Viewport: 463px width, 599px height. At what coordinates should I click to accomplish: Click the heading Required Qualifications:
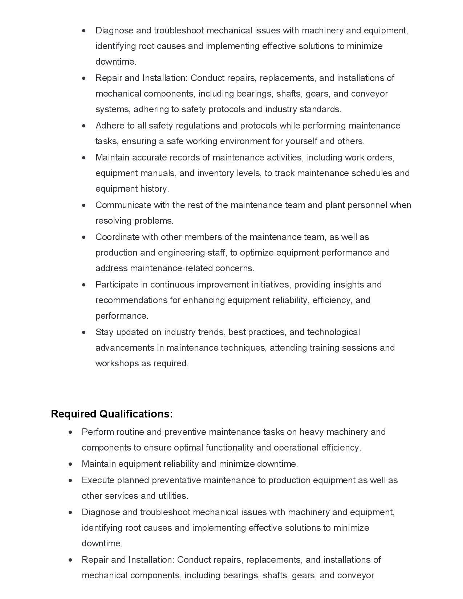pyautogui.click(x=112, y=414)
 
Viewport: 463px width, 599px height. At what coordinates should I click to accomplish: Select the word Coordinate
pyautogui.click(x=117, y=237)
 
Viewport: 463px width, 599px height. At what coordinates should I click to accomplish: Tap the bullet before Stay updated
pyautogui.click(x=84, y=332)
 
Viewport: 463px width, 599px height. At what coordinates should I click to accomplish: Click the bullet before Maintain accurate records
pyautogui.click(x=84, y=158)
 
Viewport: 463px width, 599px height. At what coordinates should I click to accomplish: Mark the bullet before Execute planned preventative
pyautogui.click(x=70, y=480)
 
